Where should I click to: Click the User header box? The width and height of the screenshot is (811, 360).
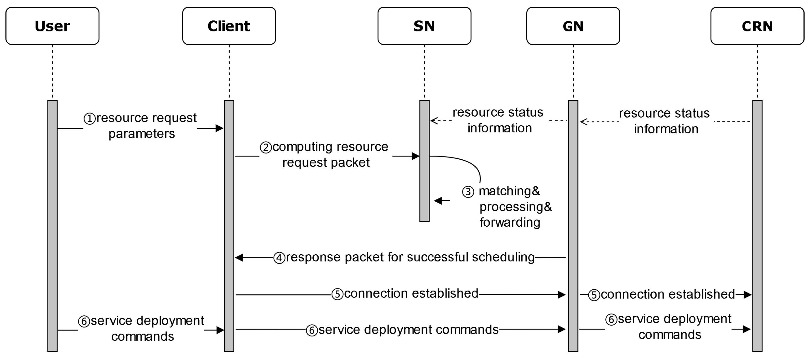52,26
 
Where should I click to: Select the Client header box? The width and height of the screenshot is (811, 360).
229,26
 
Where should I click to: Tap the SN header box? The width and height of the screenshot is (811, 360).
424,26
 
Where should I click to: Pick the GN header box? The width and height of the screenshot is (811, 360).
573,26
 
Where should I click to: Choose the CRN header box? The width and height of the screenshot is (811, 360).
757,26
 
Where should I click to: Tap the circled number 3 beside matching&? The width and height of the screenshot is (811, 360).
468,192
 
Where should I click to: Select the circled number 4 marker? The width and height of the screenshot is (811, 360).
279,258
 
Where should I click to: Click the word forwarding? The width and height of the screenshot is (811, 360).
510,223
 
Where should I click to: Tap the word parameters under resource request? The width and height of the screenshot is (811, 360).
142,134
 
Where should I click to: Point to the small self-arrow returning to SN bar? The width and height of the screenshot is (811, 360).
439,201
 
